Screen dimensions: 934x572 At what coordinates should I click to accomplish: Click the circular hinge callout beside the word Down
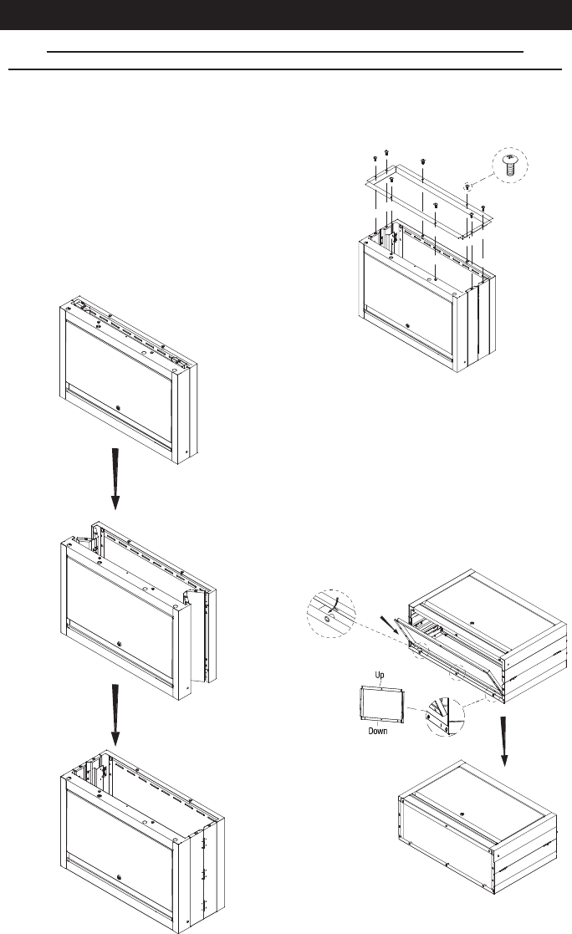coord(445,712)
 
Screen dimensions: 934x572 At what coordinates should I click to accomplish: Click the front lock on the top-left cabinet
coord(120,409)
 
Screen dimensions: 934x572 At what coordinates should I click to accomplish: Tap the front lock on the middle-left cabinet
coord(120,645)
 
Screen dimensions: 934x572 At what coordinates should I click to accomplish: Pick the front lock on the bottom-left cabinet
coord(120,877)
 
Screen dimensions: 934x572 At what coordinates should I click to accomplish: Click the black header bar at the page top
coord(286,15)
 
